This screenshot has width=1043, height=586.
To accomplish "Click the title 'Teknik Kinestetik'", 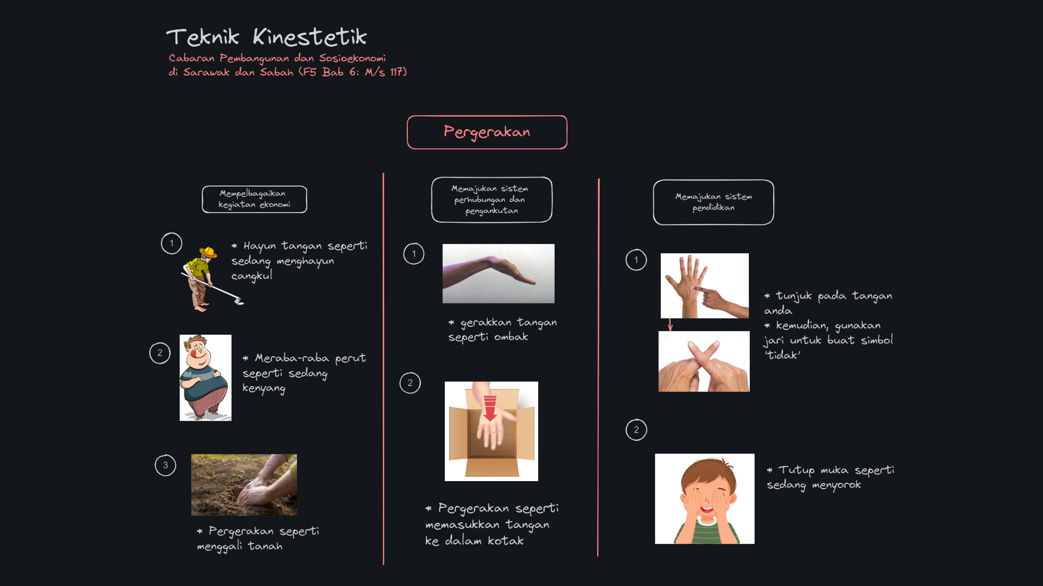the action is coord(266,37).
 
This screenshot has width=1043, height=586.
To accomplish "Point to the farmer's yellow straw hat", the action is coord(208,252).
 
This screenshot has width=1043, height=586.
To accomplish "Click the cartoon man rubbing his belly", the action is coord(206,378).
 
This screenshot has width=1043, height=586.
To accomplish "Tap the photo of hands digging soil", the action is coord(244,485).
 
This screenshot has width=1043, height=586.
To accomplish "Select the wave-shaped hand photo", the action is coord(498,273).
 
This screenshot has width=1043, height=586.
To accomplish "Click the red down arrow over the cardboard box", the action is coord(490,408).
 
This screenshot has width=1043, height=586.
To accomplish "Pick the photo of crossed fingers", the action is coord(704,361).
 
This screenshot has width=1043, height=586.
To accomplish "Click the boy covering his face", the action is coord(704,498).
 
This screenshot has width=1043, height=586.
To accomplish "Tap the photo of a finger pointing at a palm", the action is coord(704,285).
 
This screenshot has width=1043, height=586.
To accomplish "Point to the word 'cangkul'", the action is coord(252,276).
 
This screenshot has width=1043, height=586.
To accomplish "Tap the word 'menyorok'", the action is coord(836,485).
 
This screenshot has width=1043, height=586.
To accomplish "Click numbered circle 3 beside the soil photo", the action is coord(165,465).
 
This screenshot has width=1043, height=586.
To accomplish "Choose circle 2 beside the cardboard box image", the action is coord(410,383).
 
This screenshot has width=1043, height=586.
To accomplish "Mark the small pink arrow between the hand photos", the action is coord(670,325).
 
